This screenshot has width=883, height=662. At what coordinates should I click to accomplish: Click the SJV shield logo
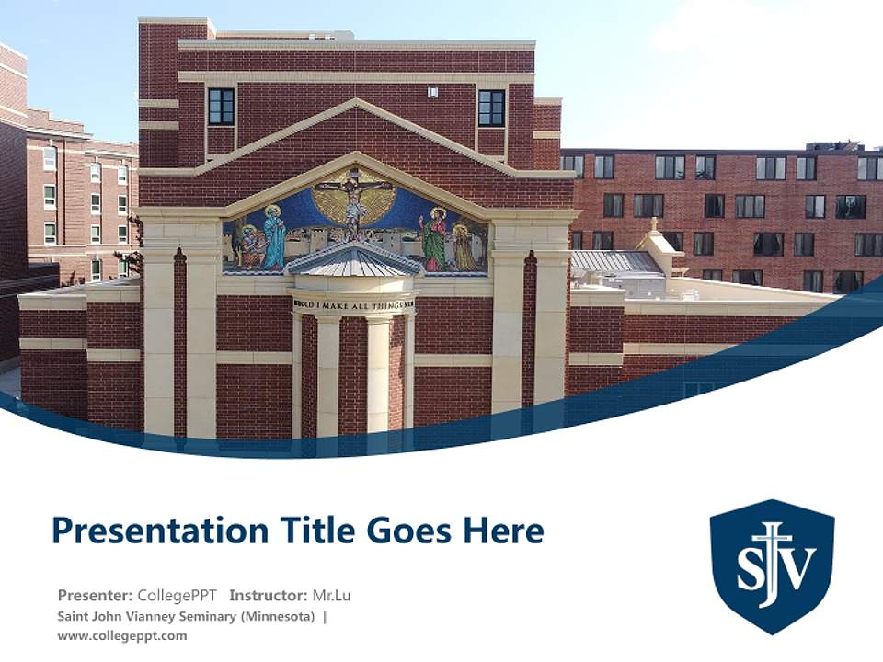[x=772, y=565]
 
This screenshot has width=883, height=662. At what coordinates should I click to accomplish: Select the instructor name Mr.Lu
[x=331, y=596]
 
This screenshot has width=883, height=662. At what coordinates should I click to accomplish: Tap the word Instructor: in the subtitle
[x=269, y=596]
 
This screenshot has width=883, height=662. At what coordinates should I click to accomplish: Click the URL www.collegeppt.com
[x=121, y=635]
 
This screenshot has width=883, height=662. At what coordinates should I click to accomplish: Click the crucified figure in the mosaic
[x=352, y=202]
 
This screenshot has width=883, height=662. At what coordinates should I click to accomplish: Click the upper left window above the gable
[x=221, y=107]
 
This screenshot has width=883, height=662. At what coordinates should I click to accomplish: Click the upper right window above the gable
[x=491, y=108]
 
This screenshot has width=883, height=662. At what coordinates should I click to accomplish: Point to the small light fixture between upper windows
[x=431, y=92]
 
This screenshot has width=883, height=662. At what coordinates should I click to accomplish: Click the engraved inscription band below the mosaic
[x=353, y=303]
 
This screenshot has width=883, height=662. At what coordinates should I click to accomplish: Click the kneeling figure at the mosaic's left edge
[x=249, y=245]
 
